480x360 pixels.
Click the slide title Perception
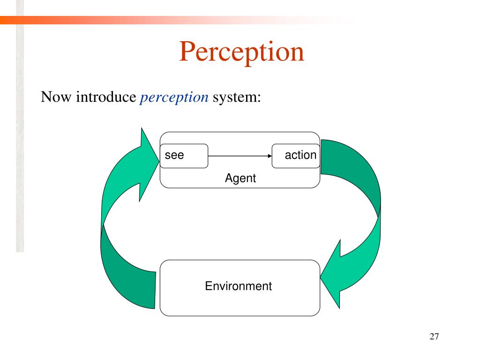coord(241,52)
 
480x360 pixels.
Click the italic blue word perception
coord(174,97)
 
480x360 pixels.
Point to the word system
coord(236,97)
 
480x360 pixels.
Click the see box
coord(184,156)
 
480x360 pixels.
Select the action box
coord(296,156)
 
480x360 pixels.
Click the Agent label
coord(240,179)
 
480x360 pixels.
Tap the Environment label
coord(238,286)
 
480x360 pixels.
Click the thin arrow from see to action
coord(239,156)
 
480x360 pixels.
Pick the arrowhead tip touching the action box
coord(270,156)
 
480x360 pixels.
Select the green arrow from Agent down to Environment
coord(361,211)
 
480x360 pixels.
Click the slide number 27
coord(434,337)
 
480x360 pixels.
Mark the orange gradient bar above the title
coord(141,20)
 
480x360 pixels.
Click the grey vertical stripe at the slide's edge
coord(19,141)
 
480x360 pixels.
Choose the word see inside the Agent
coord(174,155)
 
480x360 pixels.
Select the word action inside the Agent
coord(300,155)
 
